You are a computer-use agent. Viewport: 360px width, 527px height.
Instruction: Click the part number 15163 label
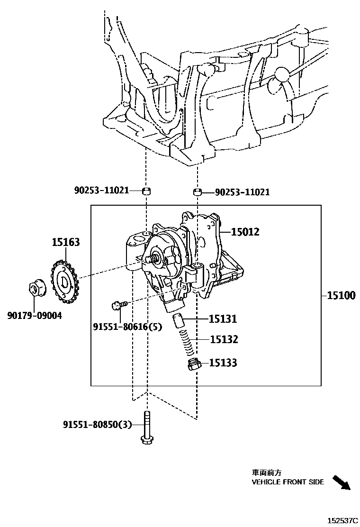(65, 243)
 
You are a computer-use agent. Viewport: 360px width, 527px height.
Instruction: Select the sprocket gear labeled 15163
(64, 282)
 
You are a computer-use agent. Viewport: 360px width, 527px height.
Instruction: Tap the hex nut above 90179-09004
(36, 289)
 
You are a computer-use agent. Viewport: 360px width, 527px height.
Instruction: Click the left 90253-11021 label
(101, 191)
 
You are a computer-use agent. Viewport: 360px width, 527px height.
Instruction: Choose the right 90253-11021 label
(242, 192)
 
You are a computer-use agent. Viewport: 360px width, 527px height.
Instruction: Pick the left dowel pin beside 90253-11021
(147, 191)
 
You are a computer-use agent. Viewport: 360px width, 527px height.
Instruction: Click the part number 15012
(245, 232)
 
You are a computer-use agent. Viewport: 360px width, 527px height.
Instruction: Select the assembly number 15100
(341, 296)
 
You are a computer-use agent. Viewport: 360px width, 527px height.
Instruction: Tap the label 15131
(223, 319)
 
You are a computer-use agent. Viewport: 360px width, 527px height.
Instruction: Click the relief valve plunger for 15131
(178, 320)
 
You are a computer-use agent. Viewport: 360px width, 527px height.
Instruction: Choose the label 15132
(224, 339)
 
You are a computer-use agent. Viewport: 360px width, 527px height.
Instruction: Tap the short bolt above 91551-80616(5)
(118, 305)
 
